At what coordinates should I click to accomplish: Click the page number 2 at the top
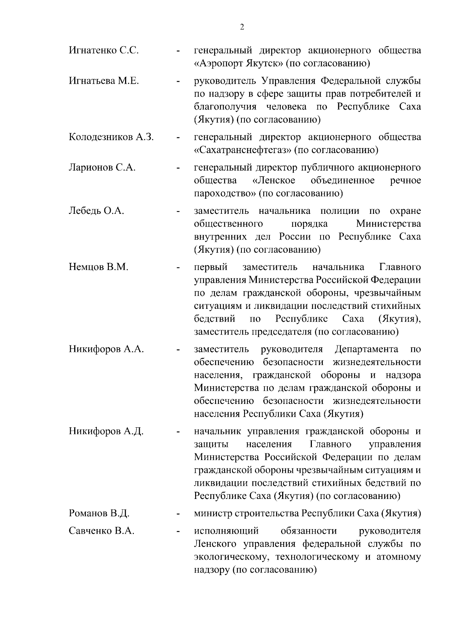click(241, 27)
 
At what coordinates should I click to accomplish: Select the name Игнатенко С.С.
click(104, 50)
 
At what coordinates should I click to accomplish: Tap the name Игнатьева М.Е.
click(104, 81)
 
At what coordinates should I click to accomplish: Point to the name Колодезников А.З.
click(111, 137)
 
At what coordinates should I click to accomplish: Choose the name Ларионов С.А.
click(102, 167)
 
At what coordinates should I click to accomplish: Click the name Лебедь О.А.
click(96, 211)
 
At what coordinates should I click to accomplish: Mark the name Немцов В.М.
click(99, 267)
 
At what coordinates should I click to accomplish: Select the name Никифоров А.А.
click(106, 349)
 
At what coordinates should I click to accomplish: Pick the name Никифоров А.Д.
click(106, 431)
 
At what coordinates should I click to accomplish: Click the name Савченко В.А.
click(102, 531)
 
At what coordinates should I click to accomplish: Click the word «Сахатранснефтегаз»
click(243, 150)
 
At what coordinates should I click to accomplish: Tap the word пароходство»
click(225, 193)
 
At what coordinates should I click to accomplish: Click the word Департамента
click(366, 349)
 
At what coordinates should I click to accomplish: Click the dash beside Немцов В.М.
click(177, 268)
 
